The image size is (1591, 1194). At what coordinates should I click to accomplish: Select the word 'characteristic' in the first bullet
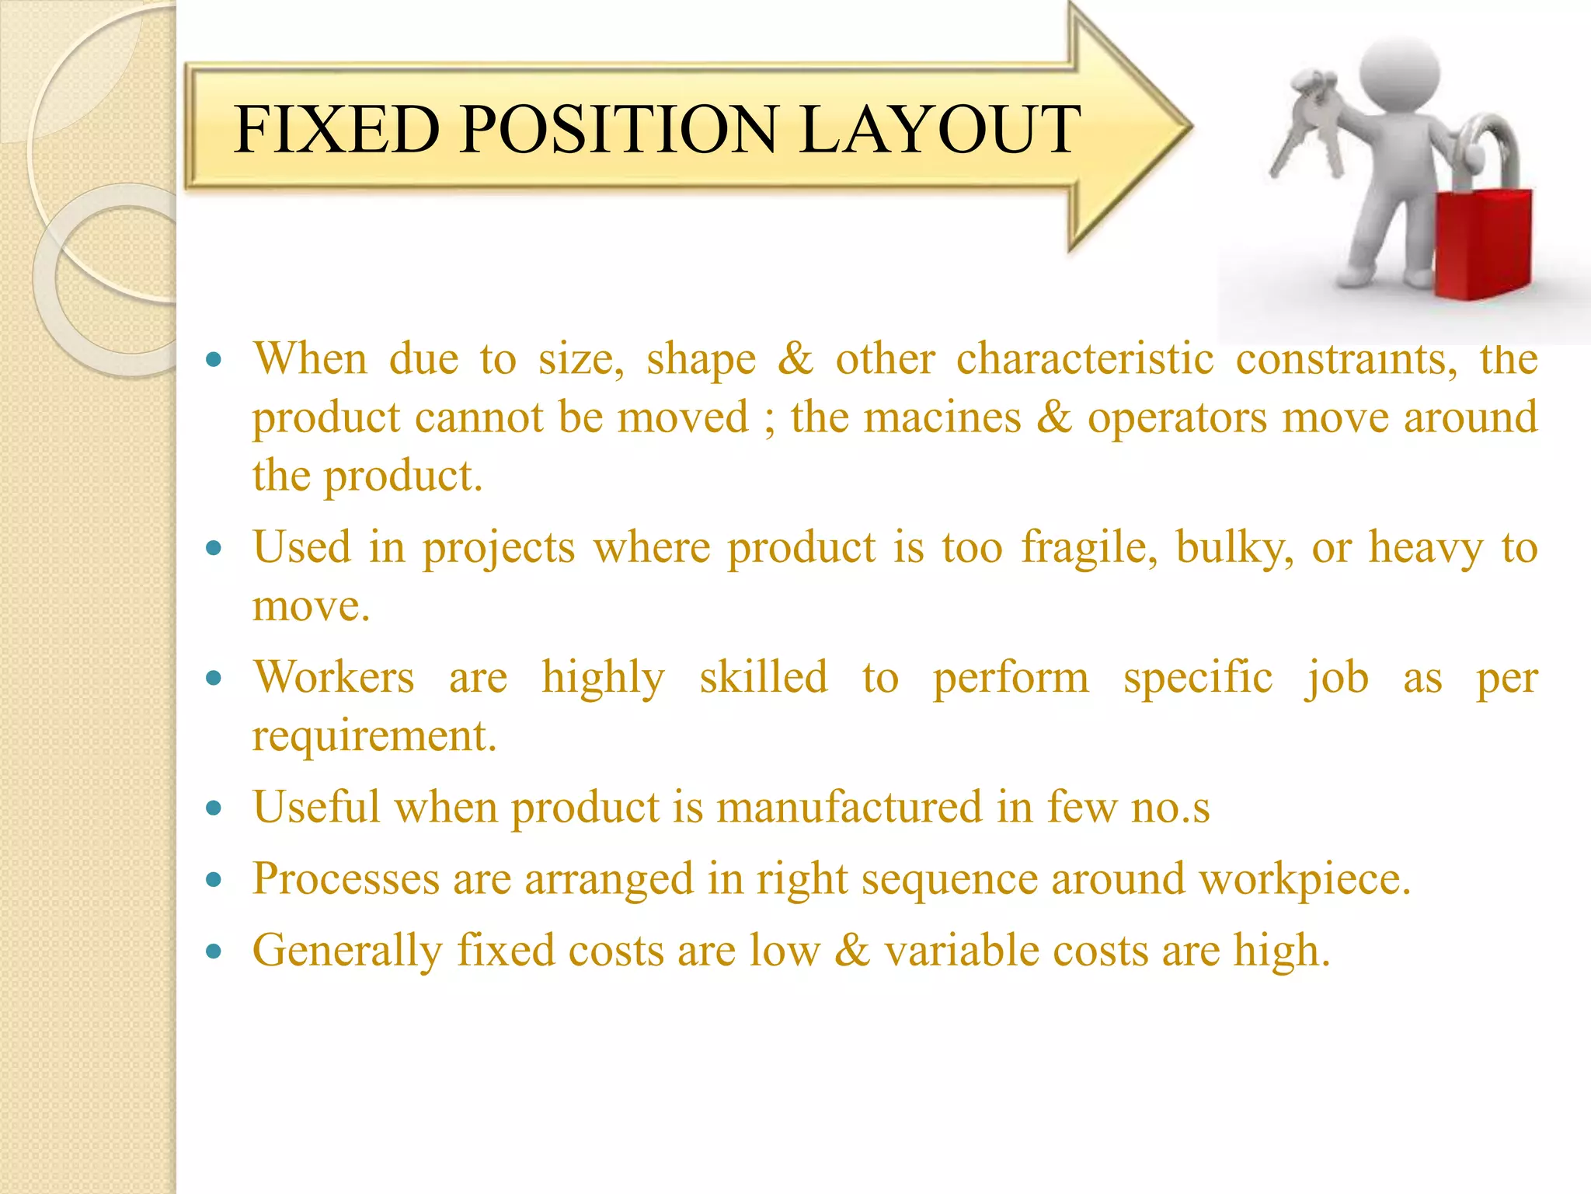point(1084,360)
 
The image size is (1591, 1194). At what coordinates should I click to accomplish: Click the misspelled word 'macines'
point(942,417)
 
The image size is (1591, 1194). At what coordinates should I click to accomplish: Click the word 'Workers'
point(334,677)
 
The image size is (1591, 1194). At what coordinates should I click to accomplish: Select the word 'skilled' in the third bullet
point(763,677)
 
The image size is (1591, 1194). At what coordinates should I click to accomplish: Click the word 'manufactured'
point(848,807)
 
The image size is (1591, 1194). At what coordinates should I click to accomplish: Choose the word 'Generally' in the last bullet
point(347,951)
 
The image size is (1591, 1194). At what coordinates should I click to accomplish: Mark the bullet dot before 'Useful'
point(214,808)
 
